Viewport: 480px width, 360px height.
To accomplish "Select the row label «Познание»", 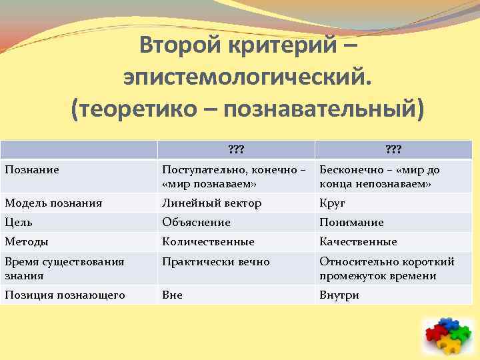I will (32, 170).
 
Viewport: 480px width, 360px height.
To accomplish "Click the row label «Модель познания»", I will (53, 203).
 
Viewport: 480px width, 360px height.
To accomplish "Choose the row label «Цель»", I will (19, 223).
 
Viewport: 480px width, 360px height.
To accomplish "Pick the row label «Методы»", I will (27, 242).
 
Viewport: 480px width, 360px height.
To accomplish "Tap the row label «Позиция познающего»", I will (65, 295).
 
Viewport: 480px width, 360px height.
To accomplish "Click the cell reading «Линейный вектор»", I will (211, 203).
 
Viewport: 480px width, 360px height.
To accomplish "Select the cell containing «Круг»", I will (332, 203).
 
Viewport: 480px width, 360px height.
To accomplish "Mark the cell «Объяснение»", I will (196, 223).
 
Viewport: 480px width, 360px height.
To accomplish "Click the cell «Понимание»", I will (351, 223).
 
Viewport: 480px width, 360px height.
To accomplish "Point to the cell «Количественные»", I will (208, 242).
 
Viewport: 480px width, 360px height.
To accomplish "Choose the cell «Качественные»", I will (358, 242).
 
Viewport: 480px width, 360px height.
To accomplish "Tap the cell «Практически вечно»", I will (215, 262).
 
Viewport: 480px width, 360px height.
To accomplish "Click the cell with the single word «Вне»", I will (172, 295).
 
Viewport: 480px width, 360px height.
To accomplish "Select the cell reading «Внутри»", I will (339, 295).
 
